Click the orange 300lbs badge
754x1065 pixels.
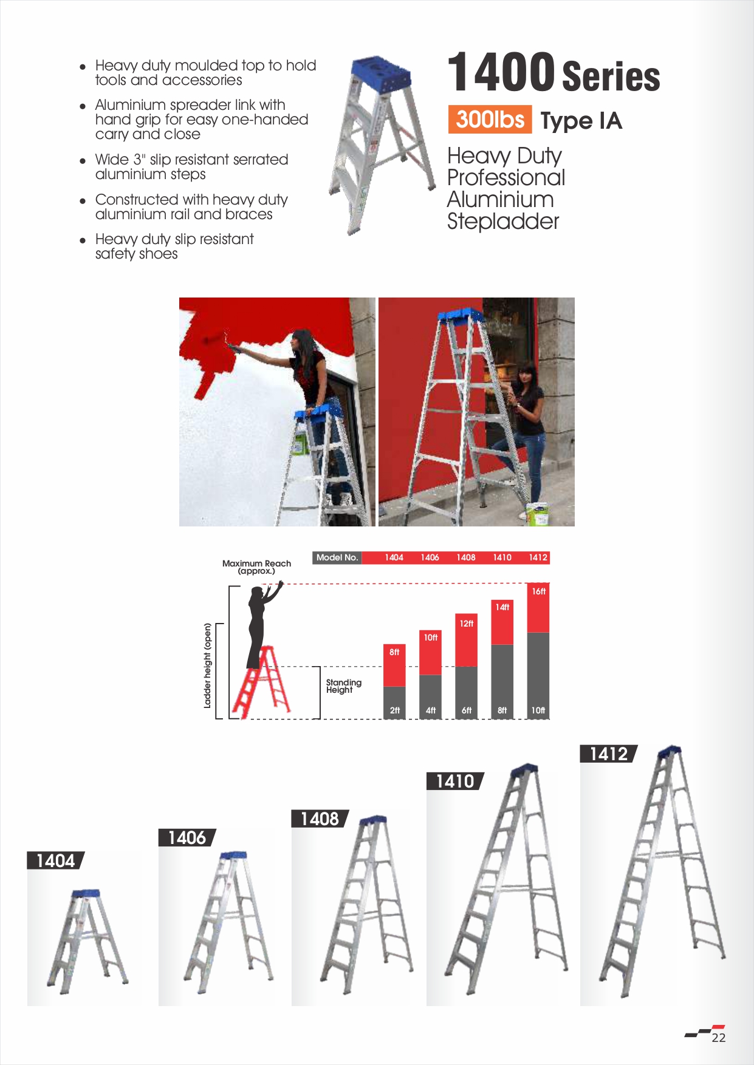click(x=490, y=119)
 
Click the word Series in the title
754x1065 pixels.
click(x=611, y=76)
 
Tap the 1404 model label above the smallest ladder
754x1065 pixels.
click(x=55, y=860)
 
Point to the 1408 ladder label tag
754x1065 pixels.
click(x=320, y=818)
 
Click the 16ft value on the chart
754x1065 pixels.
click(x=538, y=591)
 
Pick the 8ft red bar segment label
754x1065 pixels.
click(x=394, y=652)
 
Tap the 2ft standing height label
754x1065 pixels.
click(x=394, y=710)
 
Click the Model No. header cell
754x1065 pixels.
click(x=337, y=557)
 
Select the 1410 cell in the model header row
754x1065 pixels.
click(x=502, y=557)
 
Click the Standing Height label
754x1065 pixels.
click(x=343, y=686)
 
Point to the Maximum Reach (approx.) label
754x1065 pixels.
click(x=256, y=567)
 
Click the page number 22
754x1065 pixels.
click(x=719, y=1038)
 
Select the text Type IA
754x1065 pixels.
click(x=581, y=121)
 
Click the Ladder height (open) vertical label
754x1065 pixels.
click(x=207, y=665)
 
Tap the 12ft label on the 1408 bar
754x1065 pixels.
click(x=466, y=624)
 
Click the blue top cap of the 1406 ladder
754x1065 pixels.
click(x=233, y=856)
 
